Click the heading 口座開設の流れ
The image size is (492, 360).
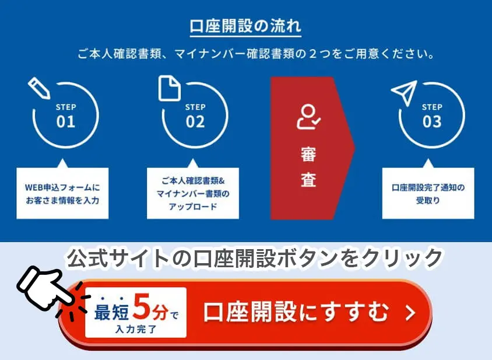(x=245, y=26)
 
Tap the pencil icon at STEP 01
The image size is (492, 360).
(x=39, y=88)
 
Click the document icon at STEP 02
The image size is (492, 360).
(x=170, y=88)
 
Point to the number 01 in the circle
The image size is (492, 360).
(x=66, y=121)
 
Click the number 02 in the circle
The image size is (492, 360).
(x=195, y=121)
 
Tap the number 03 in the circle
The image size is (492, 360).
(x=432, y=121)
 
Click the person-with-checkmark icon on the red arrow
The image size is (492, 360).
(x=308, y=117)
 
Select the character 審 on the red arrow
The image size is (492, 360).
(x=308, y=154)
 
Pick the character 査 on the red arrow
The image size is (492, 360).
(x=308, y=179)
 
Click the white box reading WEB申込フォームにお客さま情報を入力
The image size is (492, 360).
(x=62, y=193)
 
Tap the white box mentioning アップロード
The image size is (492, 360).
(x=193, y=193)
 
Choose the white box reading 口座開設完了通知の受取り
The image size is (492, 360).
(x=428, y=193)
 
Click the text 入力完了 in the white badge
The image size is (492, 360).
(x=136, y=329)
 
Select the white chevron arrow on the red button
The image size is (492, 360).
(x=410, y=313)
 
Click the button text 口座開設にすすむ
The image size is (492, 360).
(x=297, y=312)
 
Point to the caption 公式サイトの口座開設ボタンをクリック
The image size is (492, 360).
(x=255, y=258)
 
